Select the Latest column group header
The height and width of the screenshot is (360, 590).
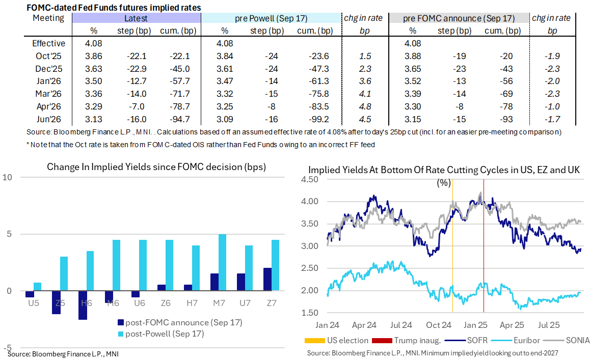tap(136, 18)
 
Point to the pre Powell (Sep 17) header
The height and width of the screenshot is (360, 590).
tap(271, 18)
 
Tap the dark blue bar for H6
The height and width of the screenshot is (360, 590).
tap(83, 305)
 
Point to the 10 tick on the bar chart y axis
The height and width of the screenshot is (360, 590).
tap(7, 177)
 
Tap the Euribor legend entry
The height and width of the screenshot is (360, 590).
tap(530, 340)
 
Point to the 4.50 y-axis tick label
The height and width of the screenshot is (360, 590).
tap(310, 179)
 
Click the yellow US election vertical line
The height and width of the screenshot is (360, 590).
tap(452, 255)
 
